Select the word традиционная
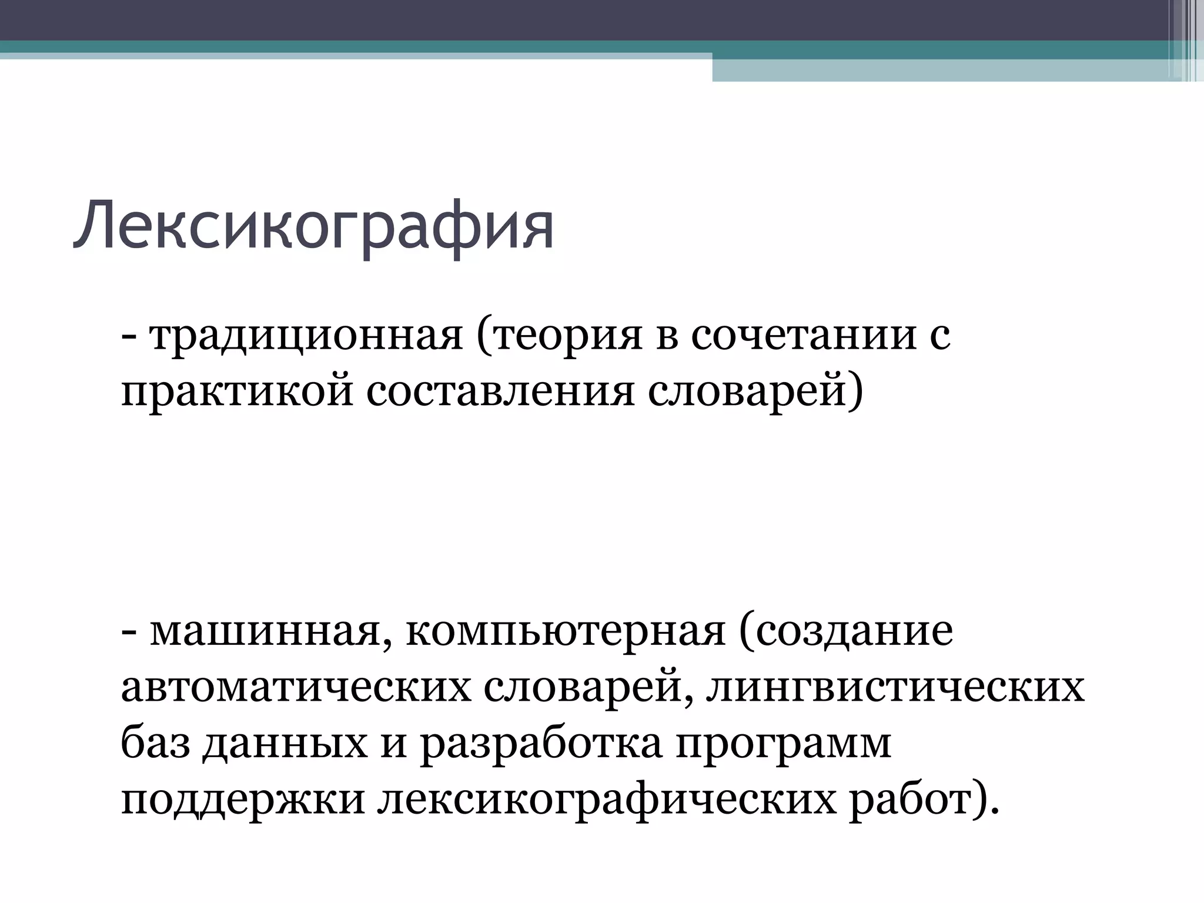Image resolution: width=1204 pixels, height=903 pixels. [x=306, y=336]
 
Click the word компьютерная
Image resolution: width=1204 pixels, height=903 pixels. [x=565, y=631]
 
